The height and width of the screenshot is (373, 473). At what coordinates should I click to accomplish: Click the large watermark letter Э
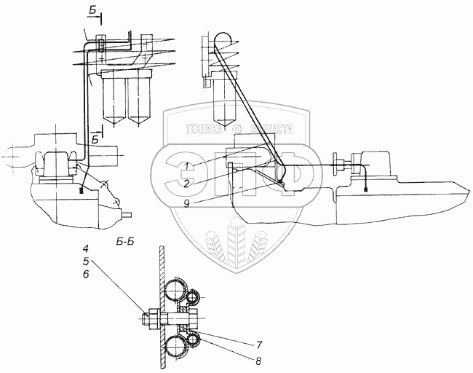coord(180,176)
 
